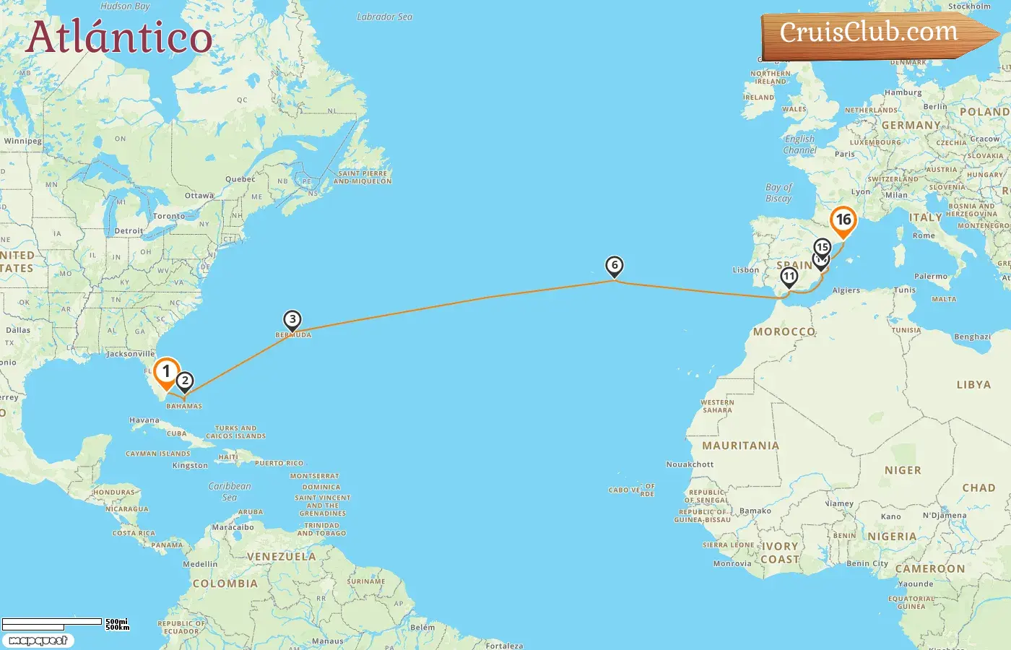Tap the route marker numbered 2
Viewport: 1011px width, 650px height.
[x=185, y=381]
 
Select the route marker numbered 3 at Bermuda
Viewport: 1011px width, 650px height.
[x=292, y=319]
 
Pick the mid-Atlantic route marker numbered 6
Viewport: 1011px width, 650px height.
[x=615, y=266]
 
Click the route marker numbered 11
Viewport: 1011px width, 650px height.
[x=789, y=276]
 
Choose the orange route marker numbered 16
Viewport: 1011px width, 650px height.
[x=843, y=220]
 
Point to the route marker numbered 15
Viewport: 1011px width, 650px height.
[x=823, y=247]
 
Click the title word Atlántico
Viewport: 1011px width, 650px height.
[x=119, y=37]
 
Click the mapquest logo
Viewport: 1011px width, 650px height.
[x=38, y=641]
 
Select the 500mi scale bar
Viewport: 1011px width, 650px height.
[x=52, y=622]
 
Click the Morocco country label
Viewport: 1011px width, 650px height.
[x=784, y=331]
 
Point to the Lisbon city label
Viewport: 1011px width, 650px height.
[x=745, y=270]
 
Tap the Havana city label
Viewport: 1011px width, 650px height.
[x=144, y=420]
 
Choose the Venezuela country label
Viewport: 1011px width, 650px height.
[x=281, y=557]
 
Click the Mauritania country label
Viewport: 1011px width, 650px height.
[x=740, y=446]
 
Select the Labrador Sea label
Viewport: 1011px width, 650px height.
[x=385, y=17]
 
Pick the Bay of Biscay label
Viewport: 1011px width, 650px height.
[x=778, y=193]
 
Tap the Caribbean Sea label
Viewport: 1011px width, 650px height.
[x=230, y=491]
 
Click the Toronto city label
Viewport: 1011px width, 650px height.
[x=169, y=216]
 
